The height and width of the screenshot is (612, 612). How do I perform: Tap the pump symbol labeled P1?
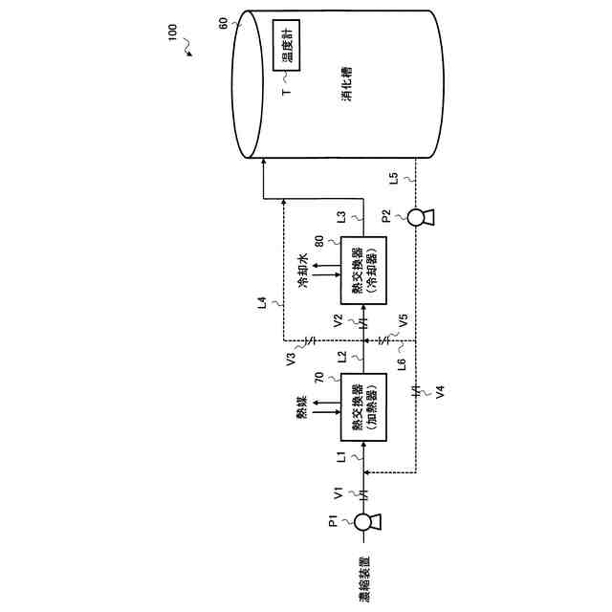pyautogui.click(x=363, y=522)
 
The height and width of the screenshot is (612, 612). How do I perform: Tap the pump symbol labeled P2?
pyautogui.click(x=417, y=218)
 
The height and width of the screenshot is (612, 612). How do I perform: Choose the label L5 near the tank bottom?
pyautogui.click(x=394, y=178)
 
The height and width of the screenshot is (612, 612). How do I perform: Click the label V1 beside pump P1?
pyautogui.click(x=338, y=494)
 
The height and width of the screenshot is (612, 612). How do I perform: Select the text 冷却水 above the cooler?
pyautogui.click(x=302, y=268)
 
